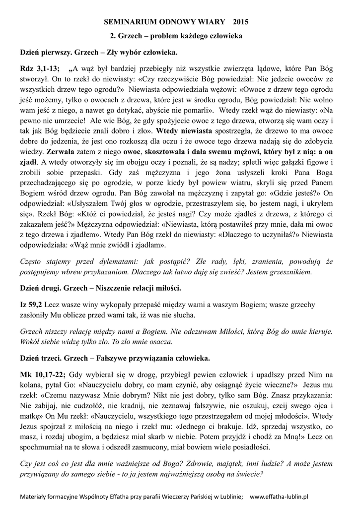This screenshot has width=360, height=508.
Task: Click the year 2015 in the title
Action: coord(237,22)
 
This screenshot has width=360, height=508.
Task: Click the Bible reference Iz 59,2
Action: coord(32,304)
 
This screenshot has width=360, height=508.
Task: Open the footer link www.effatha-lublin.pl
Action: coord(279,496)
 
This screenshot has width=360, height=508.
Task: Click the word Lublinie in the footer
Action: coord(227,496)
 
